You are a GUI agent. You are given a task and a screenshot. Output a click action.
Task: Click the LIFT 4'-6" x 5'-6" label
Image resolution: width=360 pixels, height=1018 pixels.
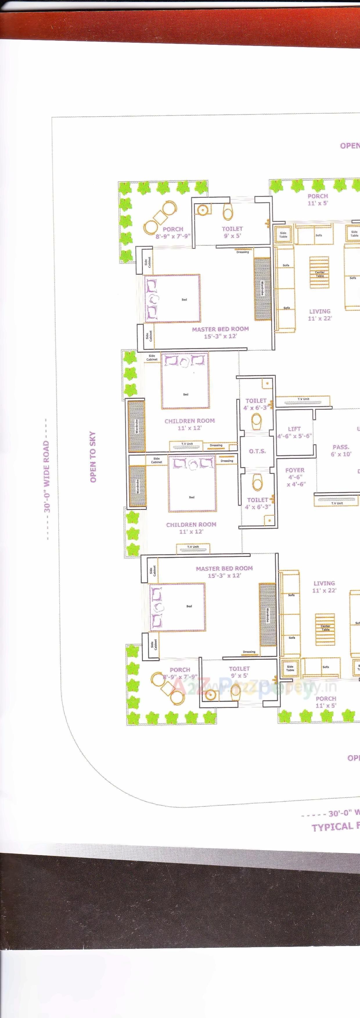[294, 432]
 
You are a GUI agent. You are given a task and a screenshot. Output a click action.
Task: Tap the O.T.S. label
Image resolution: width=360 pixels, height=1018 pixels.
[257, 451]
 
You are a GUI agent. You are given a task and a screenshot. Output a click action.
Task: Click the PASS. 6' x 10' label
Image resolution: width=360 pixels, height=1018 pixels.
[341, 451]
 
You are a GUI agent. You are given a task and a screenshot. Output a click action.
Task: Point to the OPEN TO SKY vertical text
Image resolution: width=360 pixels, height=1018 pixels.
[93, 456]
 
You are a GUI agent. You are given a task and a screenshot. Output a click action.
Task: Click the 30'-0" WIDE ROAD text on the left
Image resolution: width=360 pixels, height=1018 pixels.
[47, 476]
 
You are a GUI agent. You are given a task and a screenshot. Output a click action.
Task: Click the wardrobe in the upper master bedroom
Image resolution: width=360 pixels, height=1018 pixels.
[262, 289]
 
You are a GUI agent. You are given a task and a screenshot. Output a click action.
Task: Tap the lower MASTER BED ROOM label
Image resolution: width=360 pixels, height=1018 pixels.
[224, 572]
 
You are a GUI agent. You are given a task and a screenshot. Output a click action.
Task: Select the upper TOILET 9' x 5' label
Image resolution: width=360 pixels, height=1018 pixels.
[232, 232]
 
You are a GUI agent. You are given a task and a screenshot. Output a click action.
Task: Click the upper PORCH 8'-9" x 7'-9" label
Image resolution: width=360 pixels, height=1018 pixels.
[173, 232]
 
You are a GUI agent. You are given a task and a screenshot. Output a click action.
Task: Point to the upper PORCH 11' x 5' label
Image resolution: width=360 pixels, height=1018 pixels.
[318, 199]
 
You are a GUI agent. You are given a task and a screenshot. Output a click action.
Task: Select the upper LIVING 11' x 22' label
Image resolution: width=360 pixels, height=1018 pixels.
[320, 314]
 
